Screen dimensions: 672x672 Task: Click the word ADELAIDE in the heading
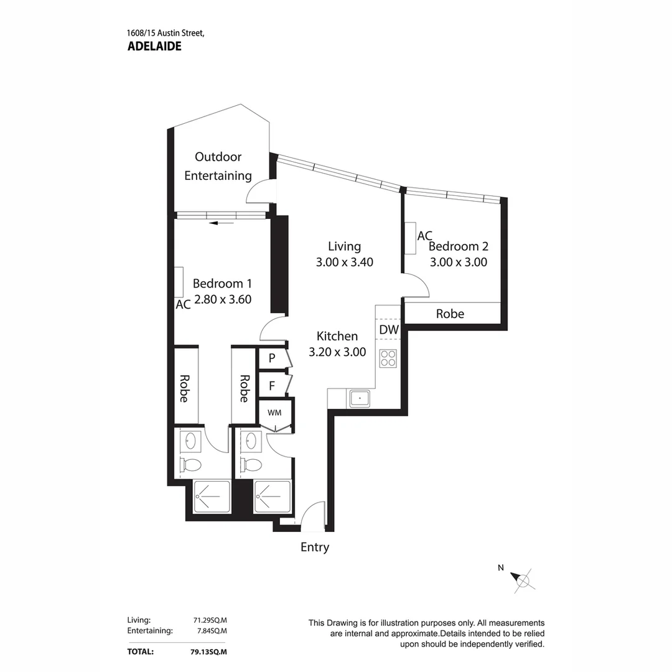coord(154,46)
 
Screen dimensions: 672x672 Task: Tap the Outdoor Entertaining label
coord(218,166)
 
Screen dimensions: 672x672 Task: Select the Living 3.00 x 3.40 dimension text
coord(345,262)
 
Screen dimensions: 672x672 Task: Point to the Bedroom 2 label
coord(459,246)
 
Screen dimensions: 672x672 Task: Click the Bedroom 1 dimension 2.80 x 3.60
coord(223,299)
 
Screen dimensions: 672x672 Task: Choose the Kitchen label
coord(337,336)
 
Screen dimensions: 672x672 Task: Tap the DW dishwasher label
coord(389,330)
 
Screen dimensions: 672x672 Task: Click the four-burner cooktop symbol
coord(388,358)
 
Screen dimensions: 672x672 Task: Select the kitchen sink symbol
coord(360,399)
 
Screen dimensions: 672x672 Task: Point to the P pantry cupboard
coord(273,358)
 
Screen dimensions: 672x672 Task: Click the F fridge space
coord(273,386)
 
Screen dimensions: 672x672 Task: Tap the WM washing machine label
coord(275,413)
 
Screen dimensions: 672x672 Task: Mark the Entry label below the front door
coord(315,548)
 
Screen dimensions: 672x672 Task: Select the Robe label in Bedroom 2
coord(450,314)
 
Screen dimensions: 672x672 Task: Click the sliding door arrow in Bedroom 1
coord(222,223)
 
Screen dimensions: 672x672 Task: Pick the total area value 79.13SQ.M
coord(208,652)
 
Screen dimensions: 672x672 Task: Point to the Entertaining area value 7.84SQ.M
coord(212,631)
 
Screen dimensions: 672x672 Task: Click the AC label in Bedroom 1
coord(183,305)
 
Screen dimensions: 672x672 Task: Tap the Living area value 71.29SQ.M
coord(210,620)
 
